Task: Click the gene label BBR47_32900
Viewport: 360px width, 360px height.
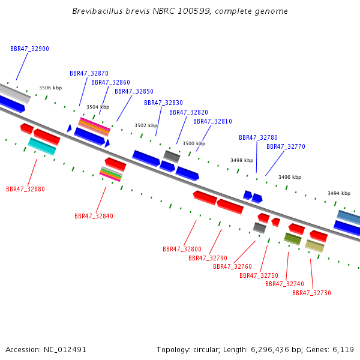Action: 29,49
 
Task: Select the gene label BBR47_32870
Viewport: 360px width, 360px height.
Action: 89,73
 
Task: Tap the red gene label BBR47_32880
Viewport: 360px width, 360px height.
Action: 25,189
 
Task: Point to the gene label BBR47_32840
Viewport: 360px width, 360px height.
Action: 94,216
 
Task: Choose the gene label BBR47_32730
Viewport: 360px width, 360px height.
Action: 311,293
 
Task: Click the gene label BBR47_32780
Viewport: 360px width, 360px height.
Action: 258,137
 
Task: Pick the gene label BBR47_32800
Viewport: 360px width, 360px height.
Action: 182,249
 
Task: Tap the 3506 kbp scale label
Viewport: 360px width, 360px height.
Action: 50,88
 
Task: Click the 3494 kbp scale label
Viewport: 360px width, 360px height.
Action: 339,193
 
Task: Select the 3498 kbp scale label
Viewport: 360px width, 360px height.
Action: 242,160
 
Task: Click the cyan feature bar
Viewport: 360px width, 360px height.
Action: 42,146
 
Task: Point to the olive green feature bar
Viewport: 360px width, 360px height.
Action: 293,239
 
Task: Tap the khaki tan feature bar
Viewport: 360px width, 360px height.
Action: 314,246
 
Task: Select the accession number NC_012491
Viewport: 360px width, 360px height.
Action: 65,350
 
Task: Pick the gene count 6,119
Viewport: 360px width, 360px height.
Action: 343,350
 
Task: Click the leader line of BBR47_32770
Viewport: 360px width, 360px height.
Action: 275,163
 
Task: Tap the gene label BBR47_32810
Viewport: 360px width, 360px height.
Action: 212,121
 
